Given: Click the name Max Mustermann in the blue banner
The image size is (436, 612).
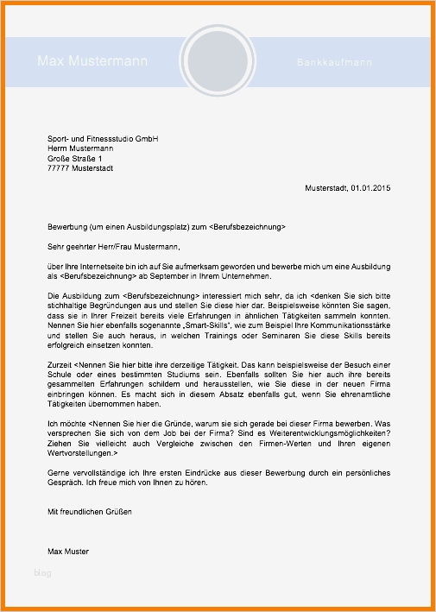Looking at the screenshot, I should coord(92,61).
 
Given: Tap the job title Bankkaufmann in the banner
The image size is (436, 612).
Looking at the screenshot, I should coord(334,63).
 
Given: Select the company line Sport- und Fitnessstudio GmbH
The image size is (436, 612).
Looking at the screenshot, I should coord(103,138).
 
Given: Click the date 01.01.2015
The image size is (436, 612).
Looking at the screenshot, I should coord(370,188).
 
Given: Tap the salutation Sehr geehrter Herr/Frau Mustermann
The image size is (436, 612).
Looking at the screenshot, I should coord(114,246).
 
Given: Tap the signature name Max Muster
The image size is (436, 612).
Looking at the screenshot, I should coord(67,552).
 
